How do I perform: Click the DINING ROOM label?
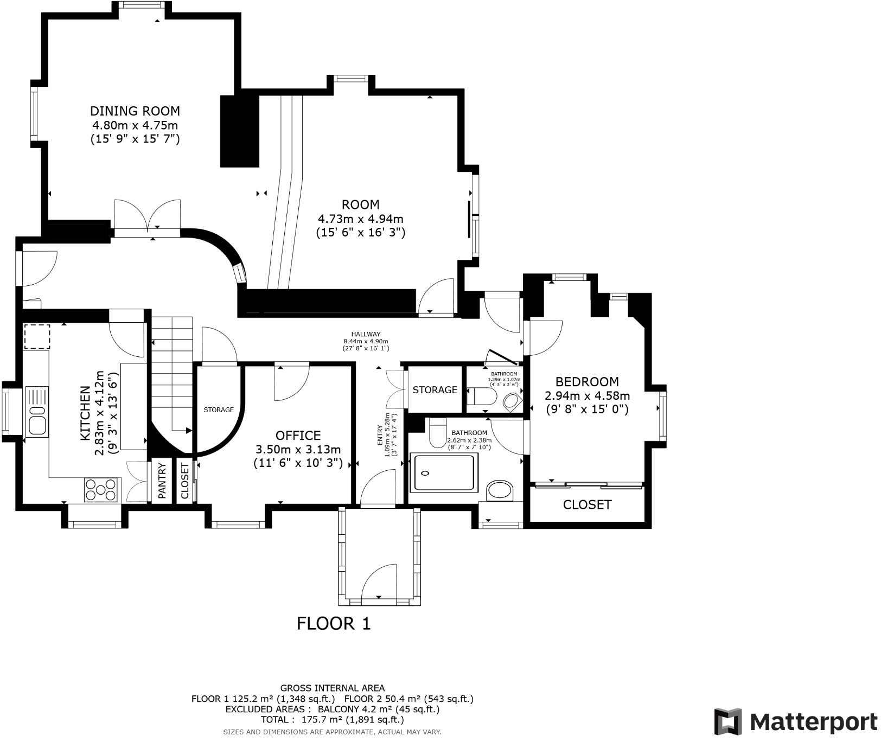135,111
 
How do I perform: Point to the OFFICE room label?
298,436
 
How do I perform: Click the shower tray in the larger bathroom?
443,473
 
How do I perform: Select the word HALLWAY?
366,334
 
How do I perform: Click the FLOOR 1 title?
334,624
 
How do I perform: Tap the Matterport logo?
795,722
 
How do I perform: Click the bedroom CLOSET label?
587,505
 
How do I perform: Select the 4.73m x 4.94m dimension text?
360,219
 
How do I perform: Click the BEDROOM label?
587,382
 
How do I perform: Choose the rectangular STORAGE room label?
435,390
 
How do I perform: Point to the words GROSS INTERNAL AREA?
332,688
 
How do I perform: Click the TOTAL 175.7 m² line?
332,720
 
